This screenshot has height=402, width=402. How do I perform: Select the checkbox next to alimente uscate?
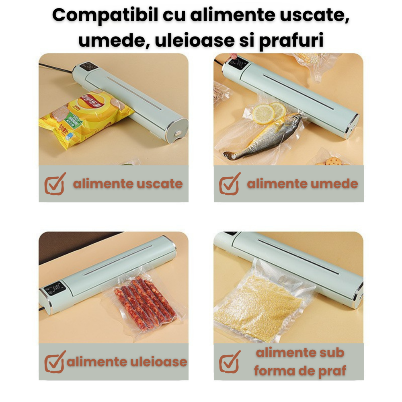[x=55, y=183]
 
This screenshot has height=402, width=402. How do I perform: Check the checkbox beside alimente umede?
[x=230, y=183]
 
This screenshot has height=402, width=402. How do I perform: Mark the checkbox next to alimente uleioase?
[x=55, y=361]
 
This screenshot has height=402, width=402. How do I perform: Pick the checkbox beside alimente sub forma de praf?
[x=230, y=361]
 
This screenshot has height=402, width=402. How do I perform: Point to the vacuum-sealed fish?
[x=263, y=137]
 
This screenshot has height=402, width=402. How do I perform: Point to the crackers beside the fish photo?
[x=332, y=161]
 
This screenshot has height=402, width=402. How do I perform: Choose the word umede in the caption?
[x=336, y=184]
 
